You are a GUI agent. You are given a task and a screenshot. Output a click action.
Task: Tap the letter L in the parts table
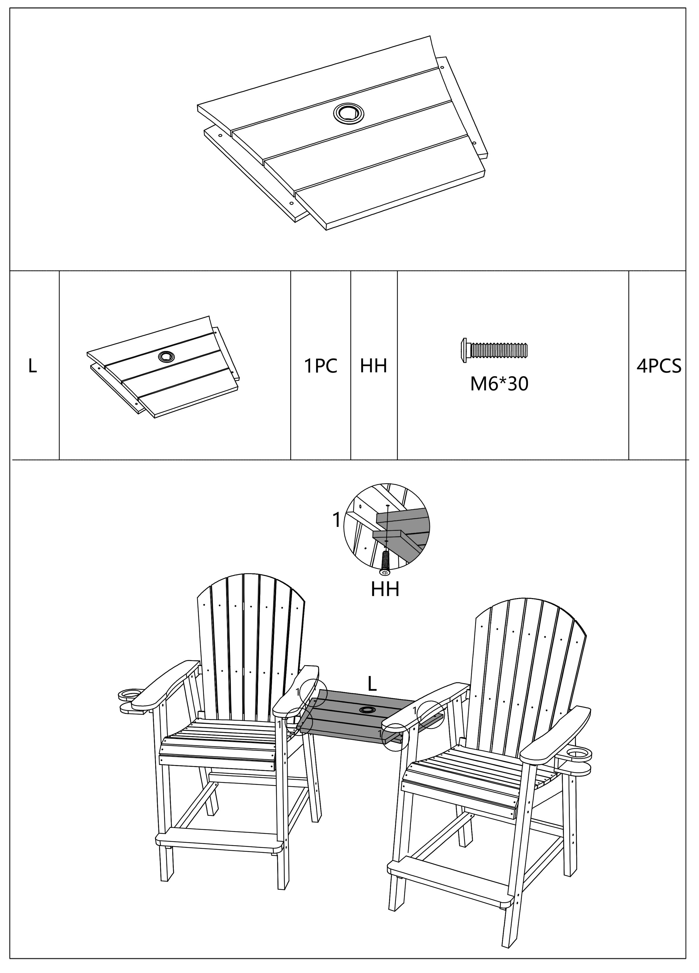33,366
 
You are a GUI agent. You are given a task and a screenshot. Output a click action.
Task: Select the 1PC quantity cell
321,366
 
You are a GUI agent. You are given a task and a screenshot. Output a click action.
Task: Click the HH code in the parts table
374,366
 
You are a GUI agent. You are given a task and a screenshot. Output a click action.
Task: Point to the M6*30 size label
499,384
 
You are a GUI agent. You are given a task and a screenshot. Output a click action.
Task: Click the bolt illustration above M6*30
494,350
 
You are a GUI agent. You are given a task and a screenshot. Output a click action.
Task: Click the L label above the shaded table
372,684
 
